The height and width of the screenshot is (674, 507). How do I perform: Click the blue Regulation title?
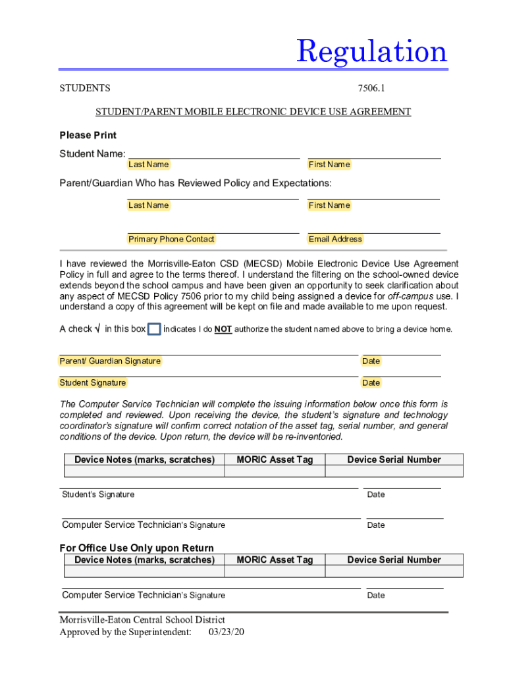[371, 51]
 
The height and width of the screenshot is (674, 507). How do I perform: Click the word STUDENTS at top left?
[85, 88]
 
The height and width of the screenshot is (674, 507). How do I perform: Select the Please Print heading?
[88, 135]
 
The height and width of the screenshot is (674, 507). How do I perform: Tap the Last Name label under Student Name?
[148, 165]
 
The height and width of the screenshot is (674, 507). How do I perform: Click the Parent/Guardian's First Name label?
[329, 205]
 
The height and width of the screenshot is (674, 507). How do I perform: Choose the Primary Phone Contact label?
[171, 240]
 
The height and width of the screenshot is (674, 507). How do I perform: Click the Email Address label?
[335, 240]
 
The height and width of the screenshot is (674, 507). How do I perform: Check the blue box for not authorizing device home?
[154, 329]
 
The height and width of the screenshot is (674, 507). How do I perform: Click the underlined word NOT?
[223, 330]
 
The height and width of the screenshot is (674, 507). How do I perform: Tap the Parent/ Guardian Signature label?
[110, 361]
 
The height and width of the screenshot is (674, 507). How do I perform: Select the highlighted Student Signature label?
[93, 383]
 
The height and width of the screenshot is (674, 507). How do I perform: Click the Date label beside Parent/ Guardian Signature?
[371, 361]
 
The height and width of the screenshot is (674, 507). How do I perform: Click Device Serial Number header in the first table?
[394, 459]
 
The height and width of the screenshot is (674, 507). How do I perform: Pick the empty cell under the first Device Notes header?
[144, 471]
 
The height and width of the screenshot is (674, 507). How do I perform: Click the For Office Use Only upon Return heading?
[136, 548]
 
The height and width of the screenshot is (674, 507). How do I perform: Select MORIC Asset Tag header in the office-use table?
[275, 559]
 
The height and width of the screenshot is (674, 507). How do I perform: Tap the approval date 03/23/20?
[226, 633]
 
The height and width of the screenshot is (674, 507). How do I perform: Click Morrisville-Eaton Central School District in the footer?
[142, 620]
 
